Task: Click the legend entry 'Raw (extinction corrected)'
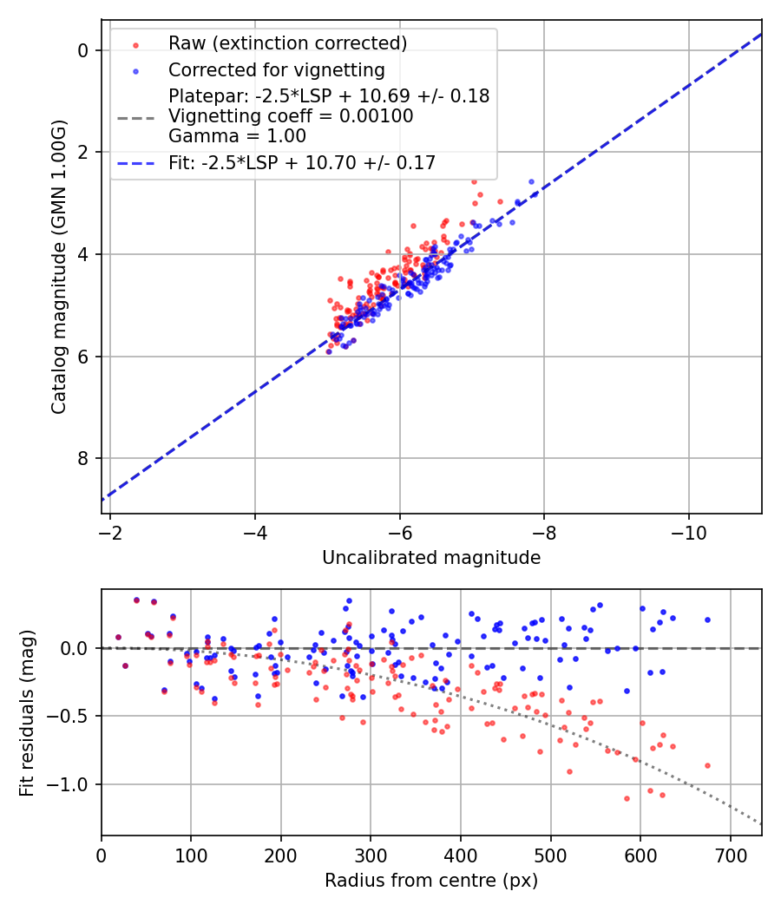pyautogui.click(x=287, y=43)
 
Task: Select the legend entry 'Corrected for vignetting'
pyautogui.click(x=277, y=69)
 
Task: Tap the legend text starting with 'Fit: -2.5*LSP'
pyautogui.click(x=302, y=162)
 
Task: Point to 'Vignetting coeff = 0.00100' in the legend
pyautogui.click(x=291, y=116)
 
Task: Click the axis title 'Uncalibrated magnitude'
pyautogui.click(x=431, y=558)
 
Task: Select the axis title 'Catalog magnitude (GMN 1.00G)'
pyautogui.click(x=58, y=267)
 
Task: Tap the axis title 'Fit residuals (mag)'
pyautogui.click(x=27, y=712)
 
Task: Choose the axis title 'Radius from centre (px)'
pyautogui.click(x=431, y=881)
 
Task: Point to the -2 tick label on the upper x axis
pyautogui.click(x=110, y=528)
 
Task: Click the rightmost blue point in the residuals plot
pyautogui.click(x=707, y=619)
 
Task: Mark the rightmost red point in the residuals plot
pyautogui.click(x=707, y=765)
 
